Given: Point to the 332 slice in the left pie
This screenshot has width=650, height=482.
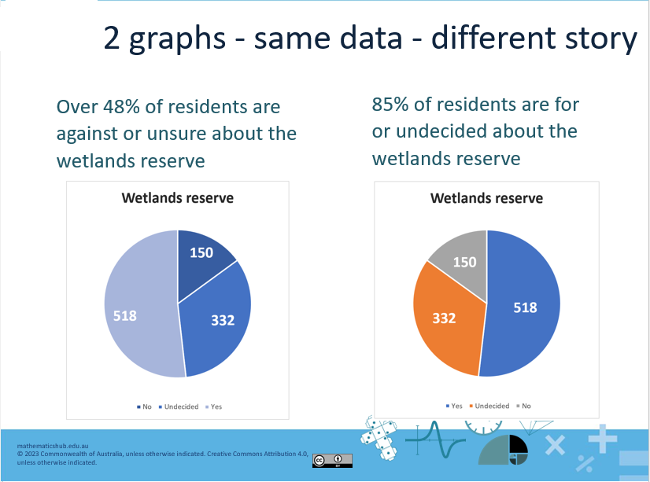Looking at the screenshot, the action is (x=220, y=319).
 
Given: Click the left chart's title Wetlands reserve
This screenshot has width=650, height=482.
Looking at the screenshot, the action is (x=177, y=197).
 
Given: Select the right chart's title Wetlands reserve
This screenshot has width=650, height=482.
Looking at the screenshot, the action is (x=486, y=198).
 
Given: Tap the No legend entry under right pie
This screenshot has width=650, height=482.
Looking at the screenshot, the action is (x=524, y=406).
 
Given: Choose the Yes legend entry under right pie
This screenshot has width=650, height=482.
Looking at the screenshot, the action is (x=455, y=406).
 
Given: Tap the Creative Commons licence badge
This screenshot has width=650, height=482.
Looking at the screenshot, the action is (x=331, y=461).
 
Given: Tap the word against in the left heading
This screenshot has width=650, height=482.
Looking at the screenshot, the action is (x=88, y=134).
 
